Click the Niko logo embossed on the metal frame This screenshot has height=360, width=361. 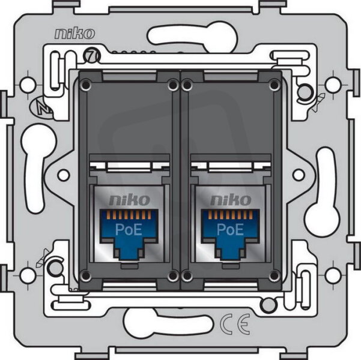74,34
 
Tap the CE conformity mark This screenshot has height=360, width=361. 235,324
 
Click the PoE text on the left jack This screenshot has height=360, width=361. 129,230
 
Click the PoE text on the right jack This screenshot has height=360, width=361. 230,229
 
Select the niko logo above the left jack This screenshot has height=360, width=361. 129,200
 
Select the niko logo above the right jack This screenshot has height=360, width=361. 231,200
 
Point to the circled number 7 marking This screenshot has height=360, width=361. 92,56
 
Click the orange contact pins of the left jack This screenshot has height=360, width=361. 129,215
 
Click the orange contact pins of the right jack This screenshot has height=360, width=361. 230,215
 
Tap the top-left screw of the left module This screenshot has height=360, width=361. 86,85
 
